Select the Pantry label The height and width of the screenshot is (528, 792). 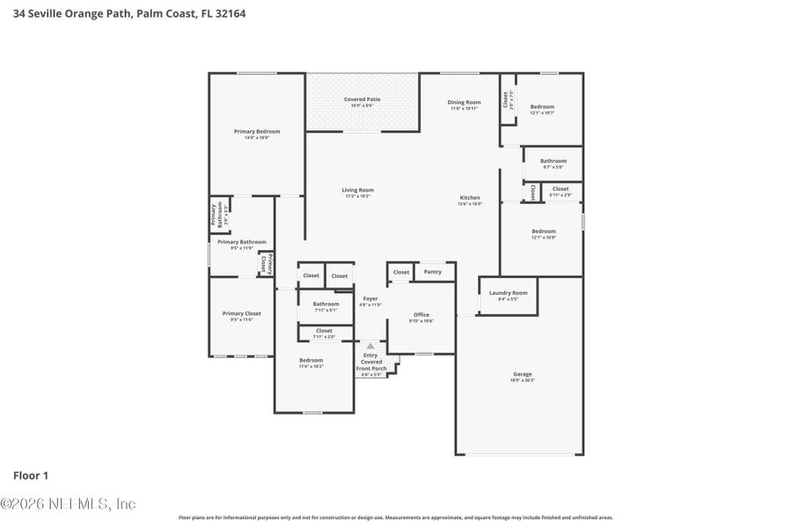tap(432, 272)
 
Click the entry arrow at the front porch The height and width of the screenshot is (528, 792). tap(370, 347)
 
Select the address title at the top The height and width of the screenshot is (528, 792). tap(130, 14)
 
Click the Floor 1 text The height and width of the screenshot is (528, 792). tap(31, 475)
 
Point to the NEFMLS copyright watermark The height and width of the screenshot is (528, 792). tap(69, 504)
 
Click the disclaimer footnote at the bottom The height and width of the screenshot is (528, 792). tap(396, 517)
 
